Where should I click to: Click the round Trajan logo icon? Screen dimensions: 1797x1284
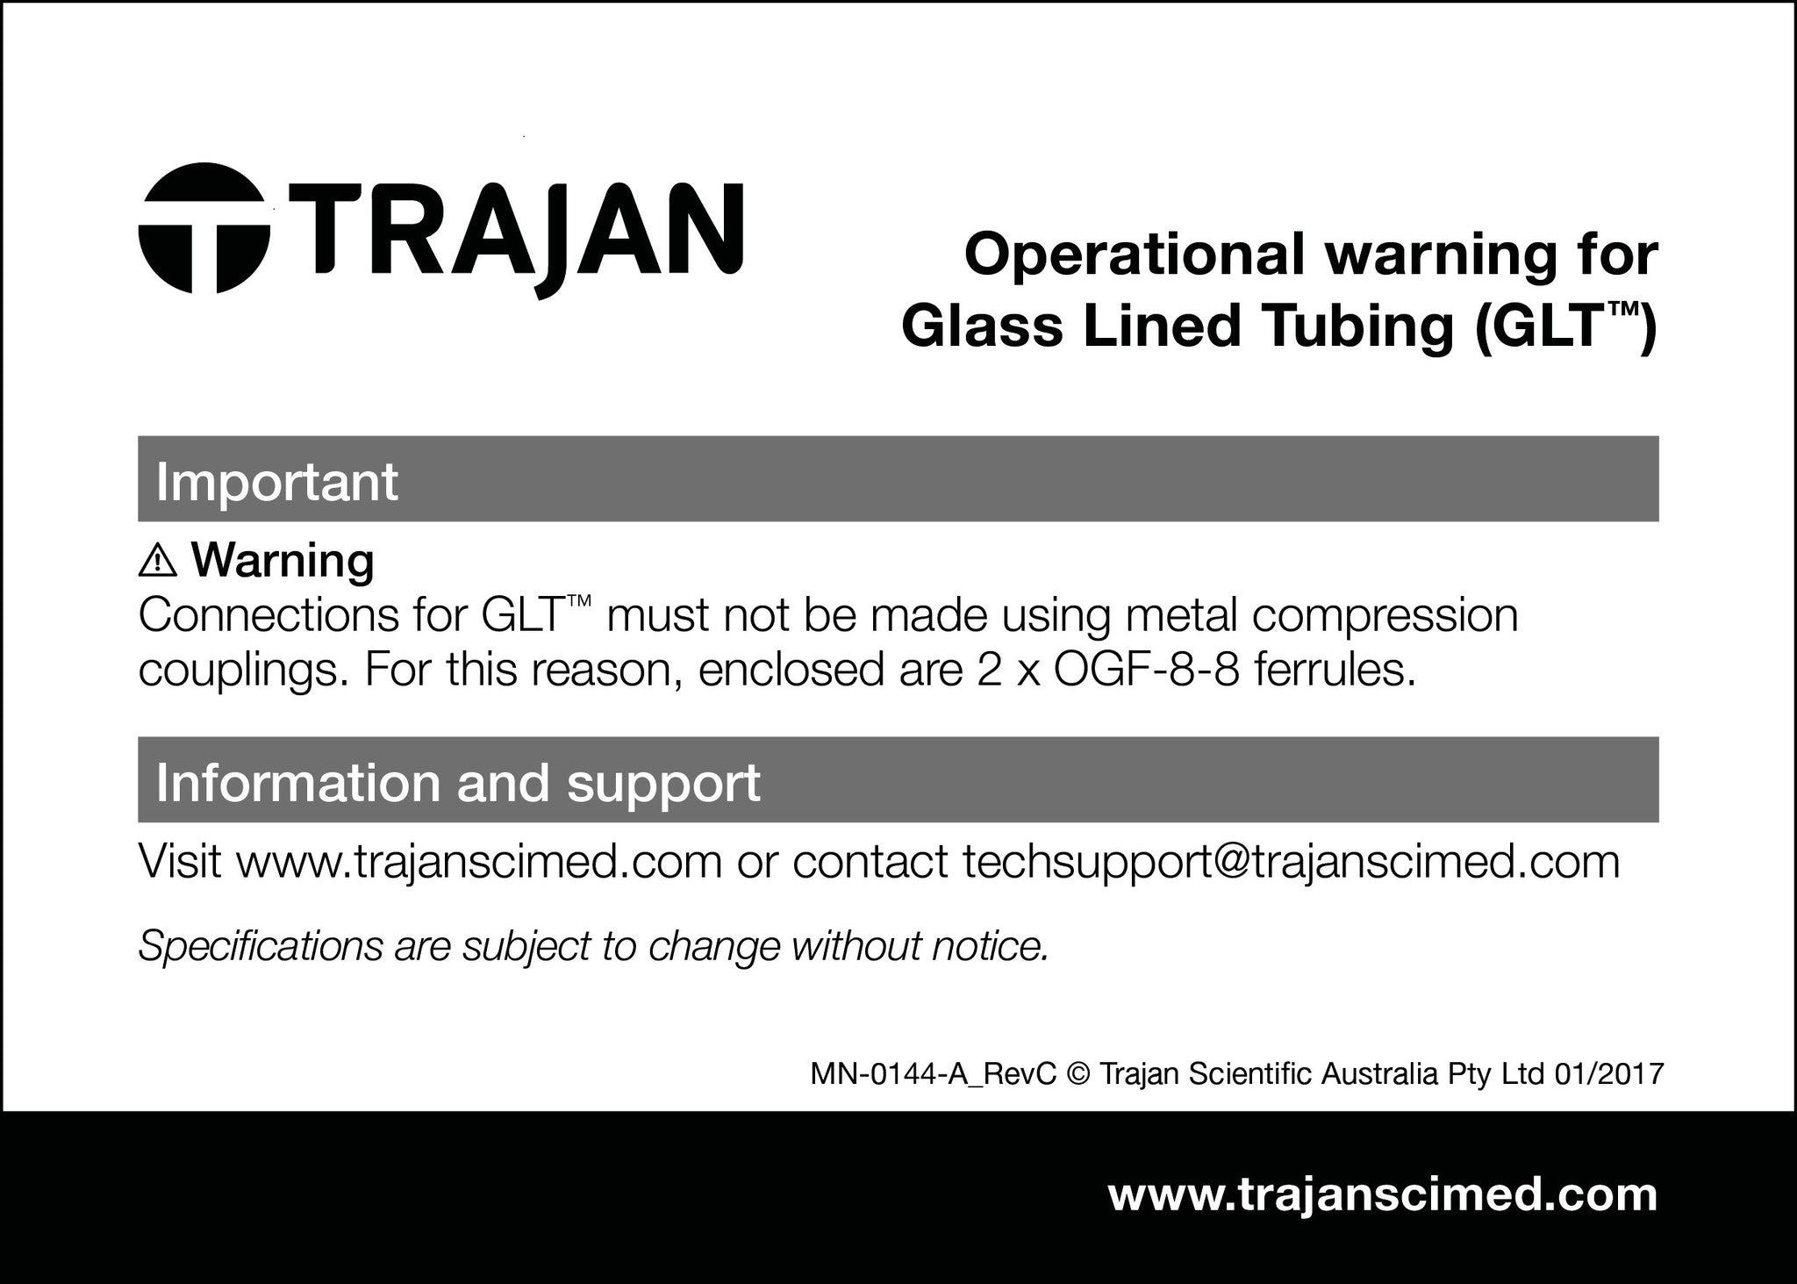click(x=204, y=228)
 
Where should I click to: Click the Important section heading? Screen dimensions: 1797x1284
click(x=277, y=481)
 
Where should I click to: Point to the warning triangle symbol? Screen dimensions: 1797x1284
click(x=158, y=559)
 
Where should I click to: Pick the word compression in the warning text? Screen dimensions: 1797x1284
click(x=1385, y=617)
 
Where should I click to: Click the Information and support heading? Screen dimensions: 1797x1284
click(x=458, y=782)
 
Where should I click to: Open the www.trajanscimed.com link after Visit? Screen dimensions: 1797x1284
click(x=478, y=862)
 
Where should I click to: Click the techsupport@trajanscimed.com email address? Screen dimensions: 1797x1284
click(x=1291, y=864)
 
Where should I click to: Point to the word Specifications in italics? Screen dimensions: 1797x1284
click(x=261, y=946)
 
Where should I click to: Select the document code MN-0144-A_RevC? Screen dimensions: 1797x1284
click(x=933, y=1074)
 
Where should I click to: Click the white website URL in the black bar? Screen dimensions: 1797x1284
click(x=1383, y=1195)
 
